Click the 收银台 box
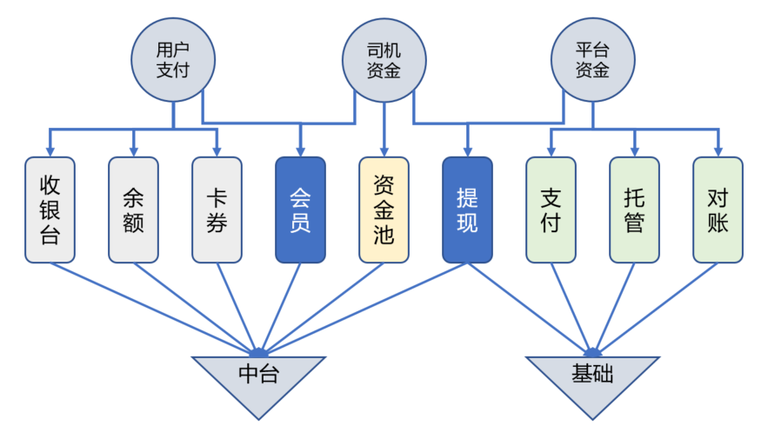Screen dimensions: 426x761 (x=50, y=210)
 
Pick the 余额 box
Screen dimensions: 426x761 (x=133, y=210)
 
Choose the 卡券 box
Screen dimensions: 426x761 (x=217, y=210)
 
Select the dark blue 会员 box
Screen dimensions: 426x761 (x=300, y=210)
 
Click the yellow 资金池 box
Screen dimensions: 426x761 (x=384, y=210)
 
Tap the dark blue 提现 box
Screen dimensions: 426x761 (x=467, y=210)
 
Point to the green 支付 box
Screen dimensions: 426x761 (x=551, y=210)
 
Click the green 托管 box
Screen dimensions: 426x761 (x=634, y=210)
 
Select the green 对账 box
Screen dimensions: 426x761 (x=718, y=210)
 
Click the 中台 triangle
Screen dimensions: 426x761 (x=258, y=379)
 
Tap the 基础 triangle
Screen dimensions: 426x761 (x=592, y=379)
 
